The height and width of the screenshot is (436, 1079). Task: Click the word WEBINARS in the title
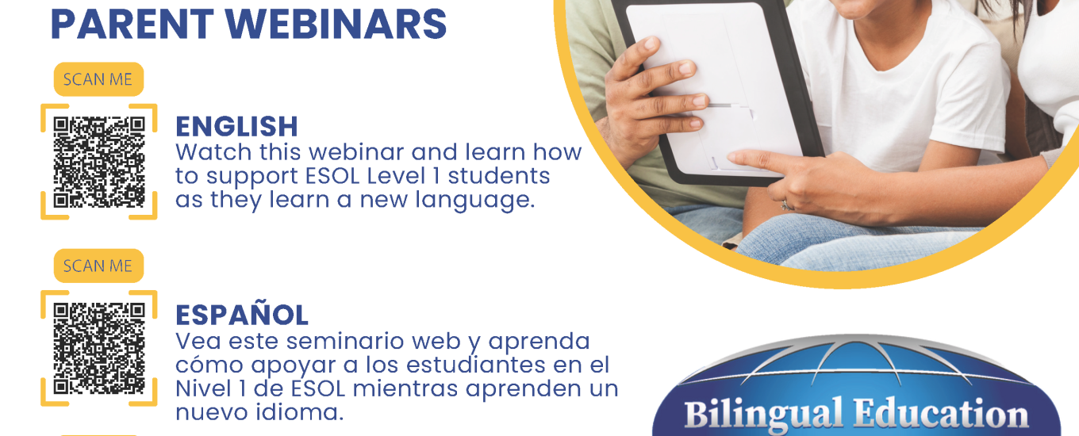coord(336,24)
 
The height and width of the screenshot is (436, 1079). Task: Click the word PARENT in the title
coord(132,24)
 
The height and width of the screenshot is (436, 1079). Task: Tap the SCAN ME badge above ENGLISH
coord(98,79)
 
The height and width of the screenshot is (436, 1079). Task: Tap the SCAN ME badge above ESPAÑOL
coord(98,266)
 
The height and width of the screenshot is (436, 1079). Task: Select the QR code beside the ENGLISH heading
coord(98,162)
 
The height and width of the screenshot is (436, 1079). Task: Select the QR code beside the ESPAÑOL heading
coord(98,349)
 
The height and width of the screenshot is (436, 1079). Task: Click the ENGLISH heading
coord(236,127)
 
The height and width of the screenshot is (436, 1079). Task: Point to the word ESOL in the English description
coord(332,176)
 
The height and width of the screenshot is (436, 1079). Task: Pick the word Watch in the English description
coord(213,152)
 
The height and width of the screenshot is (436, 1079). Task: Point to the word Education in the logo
coord(941,414)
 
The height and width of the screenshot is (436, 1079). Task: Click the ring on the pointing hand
coord(786,205)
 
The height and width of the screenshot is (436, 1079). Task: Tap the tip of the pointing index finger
coord(730,157)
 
